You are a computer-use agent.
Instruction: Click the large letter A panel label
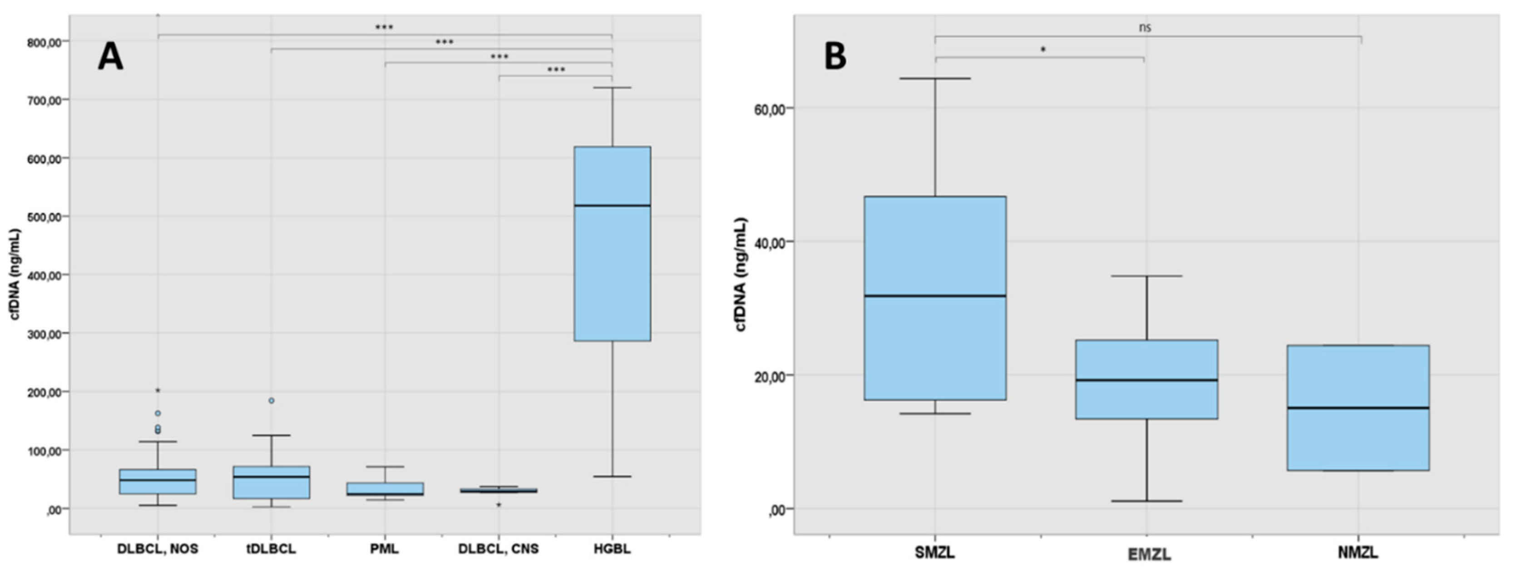pyautogui.click(x=110, y=58)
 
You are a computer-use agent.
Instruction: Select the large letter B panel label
pyautogui.click(x=835, y=57)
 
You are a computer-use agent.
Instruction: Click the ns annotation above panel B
pyautogui.click(x=1145, y=28)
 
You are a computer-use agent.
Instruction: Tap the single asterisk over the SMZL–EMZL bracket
pyautogui.click(x=1043, y=50)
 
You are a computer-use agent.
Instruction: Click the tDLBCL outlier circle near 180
pyautogui.click(x=272, y=400)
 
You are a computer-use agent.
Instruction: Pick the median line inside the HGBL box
pyautogui.click(x=612, y=205)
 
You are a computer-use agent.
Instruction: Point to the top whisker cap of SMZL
pyautogui.click(x=934, y=78)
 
